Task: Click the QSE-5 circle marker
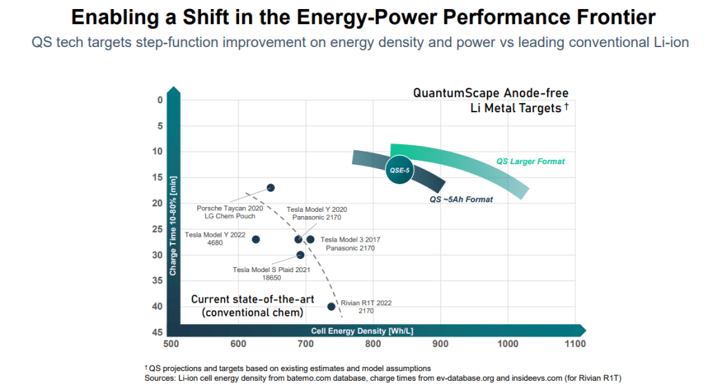399,170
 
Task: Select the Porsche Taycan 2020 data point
270,188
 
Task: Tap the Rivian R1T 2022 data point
331,306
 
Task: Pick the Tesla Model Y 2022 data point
256,240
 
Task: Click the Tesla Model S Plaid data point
300,255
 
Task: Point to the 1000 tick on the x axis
507,343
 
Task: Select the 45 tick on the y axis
158,332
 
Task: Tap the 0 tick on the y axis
160,100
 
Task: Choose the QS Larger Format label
530,161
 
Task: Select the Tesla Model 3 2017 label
351,244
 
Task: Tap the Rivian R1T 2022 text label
367,307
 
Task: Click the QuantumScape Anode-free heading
490,93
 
